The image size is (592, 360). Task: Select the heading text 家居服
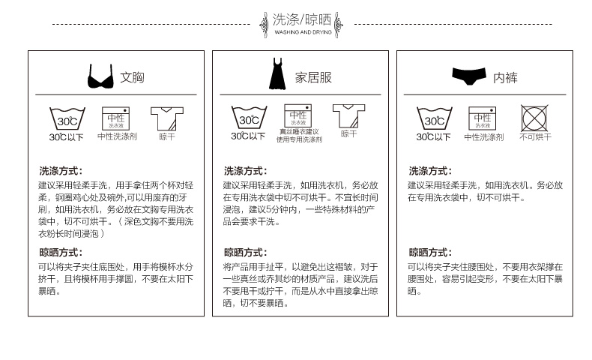(312, 77)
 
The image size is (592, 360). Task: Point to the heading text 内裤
(505, 77)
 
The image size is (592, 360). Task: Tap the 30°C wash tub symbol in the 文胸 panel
(67, 118)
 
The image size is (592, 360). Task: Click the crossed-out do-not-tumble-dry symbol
(534, 118)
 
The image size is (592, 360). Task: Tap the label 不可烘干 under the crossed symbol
(534, 137)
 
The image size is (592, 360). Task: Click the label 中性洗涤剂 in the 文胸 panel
(117, 137)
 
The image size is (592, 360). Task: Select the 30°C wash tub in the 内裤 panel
(434, 118)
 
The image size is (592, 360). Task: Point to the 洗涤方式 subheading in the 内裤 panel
(429, 171)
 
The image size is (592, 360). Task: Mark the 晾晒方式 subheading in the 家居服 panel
(244, 252)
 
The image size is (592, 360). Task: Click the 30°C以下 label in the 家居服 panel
(248, 136)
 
